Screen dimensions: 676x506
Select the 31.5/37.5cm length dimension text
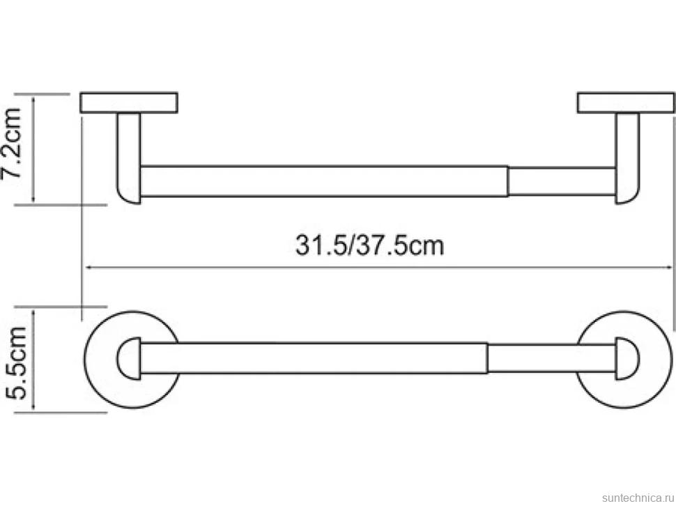tap(369, 245)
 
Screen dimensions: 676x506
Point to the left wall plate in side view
tap(129, 102)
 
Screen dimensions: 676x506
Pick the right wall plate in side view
tap(626, 102)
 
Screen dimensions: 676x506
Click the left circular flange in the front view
tap(86, 359)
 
